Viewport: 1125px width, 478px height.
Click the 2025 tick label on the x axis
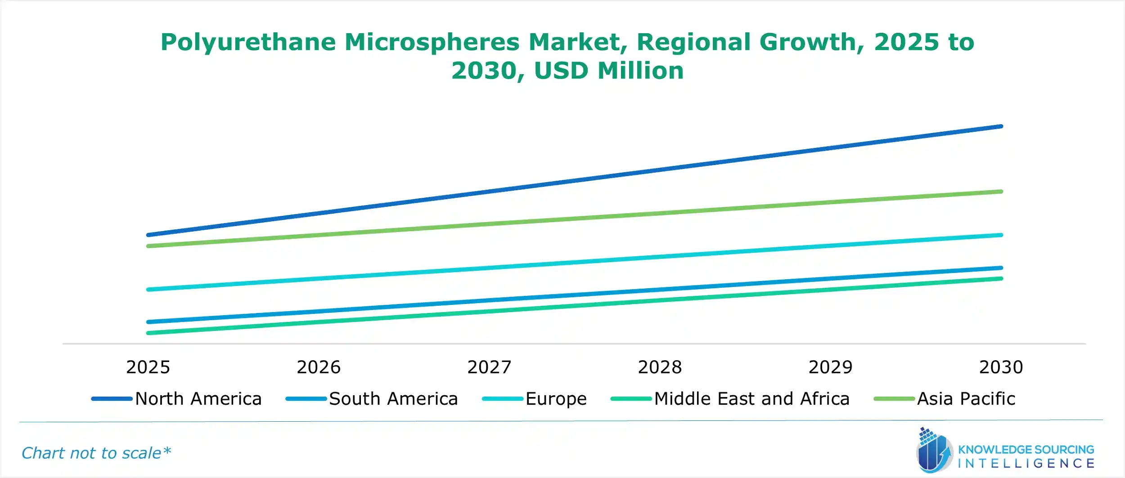[148, 367]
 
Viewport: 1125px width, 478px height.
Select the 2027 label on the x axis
[489, 367]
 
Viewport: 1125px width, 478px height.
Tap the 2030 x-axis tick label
[1001, 367]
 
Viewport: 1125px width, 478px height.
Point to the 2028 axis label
[660, 367]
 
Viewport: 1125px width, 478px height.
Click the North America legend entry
[198, 399]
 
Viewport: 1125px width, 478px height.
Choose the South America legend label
[393, 399]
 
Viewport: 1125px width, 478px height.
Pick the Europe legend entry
[556, 399]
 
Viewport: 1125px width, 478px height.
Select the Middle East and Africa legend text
[751, 399]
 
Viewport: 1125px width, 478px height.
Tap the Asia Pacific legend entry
[966, 399]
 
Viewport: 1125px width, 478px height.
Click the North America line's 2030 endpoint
[1001, 127]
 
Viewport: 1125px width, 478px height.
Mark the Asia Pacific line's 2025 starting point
[148, 246]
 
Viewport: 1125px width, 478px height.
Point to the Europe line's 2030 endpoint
[1001, 235]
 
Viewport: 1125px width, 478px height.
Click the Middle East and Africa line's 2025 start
[148, 333]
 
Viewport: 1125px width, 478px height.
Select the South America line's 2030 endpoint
[1001, 268]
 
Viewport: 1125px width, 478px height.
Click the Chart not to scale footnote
[96, 453]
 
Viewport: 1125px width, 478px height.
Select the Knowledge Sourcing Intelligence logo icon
[934, 451]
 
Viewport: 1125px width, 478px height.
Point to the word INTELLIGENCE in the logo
[1026, 464]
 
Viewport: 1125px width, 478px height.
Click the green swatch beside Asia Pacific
[894, 399]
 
